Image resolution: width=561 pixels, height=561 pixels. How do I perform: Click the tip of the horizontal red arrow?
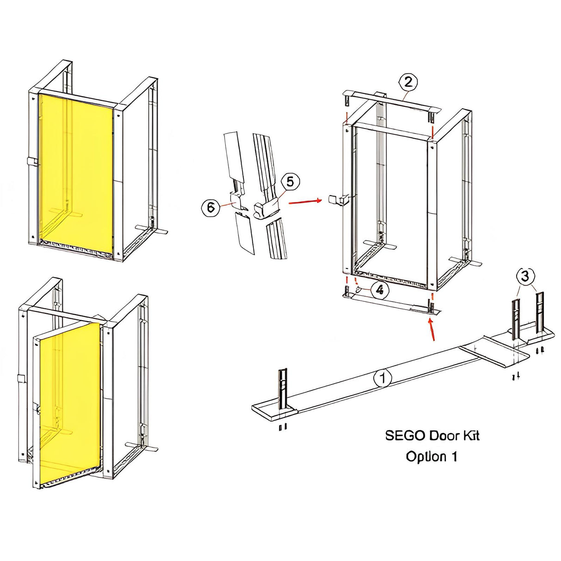(322, 200)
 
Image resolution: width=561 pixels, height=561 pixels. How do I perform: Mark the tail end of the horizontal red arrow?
(288, 203)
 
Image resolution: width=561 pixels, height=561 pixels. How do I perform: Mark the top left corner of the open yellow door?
(40, 339)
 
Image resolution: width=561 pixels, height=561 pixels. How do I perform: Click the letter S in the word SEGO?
(390, 436)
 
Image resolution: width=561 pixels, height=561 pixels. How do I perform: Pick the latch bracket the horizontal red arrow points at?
(339, 200)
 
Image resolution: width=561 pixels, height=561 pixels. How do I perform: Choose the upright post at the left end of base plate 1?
(283, 390)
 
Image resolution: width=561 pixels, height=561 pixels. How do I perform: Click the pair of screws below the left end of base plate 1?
(283, 427)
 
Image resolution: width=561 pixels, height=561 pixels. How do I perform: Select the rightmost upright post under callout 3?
(540, 313)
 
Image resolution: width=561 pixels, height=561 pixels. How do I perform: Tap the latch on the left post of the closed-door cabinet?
(33, 162)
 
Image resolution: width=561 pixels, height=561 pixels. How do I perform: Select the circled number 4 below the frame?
(380, 290)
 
